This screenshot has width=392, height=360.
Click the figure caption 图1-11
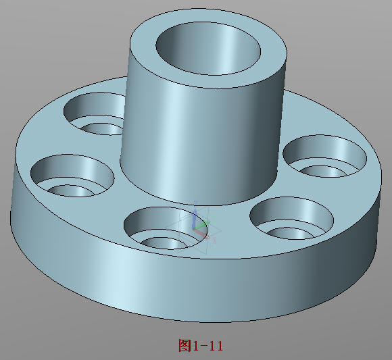[201, 346]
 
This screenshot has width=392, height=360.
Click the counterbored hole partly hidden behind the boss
[95, 115]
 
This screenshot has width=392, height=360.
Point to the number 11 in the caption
[216, 346]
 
